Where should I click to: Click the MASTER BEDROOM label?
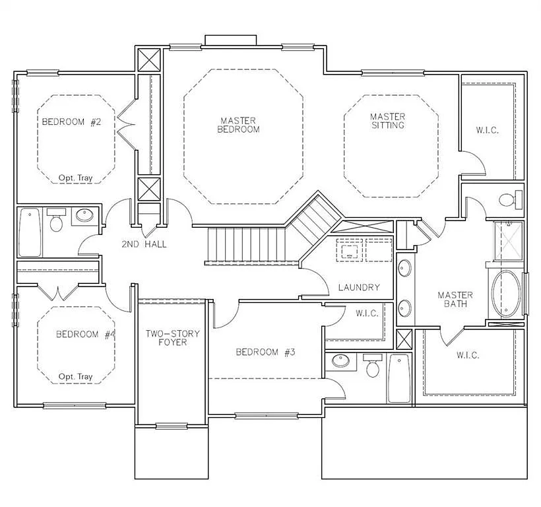(238, 125)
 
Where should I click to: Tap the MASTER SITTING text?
(387, 121)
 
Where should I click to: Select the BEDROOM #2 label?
(71, 121)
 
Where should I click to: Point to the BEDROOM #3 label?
(265, 352)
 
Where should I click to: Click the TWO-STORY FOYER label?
(172, 337)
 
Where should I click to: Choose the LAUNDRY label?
(358, 287)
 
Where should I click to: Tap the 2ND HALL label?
(144, 244)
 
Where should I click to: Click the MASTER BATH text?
(455, 299)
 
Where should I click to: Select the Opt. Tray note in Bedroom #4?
(75, 376)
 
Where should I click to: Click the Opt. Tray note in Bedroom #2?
(75, 178)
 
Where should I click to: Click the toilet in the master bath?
(507, 199)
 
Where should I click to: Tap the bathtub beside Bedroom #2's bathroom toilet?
(30, 232)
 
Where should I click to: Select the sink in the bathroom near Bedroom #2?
(84, 216)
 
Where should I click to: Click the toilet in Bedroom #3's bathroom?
(373, 366)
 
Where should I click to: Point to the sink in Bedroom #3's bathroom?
(340, 361)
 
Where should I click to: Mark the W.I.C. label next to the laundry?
(367, 313)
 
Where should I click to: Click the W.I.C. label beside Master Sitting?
(487, 130)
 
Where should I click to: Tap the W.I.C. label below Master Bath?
(467, 355)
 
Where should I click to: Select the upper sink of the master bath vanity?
(404, 269)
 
